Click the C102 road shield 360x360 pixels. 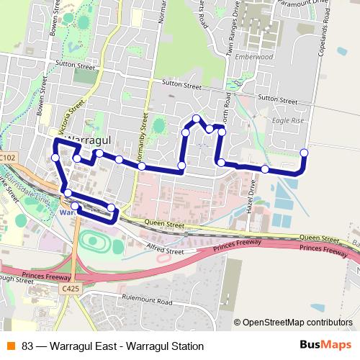click(7, 156)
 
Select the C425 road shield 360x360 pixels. click(70, 289)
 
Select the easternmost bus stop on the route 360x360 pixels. click(304, 153)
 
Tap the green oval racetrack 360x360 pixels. click(94, 242)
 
